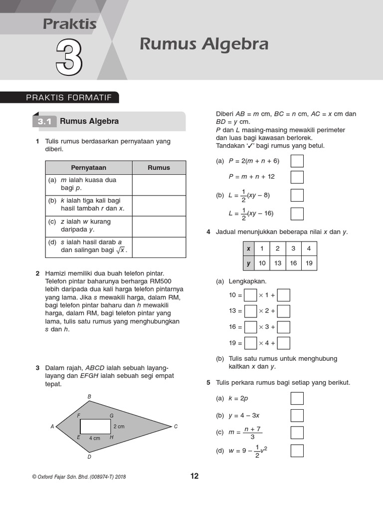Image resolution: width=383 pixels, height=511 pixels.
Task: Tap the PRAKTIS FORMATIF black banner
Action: [69, 98]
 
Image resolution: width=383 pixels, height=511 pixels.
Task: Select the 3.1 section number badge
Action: [44, 121]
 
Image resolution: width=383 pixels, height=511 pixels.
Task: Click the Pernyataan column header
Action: [89, 168]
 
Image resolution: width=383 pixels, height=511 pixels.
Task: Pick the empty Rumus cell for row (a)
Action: [159, 184]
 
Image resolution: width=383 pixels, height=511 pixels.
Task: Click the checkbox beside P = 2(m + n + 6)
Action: [297, 161]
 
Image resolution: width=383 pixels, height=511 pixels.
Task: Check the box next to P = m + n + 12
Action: [297, 177]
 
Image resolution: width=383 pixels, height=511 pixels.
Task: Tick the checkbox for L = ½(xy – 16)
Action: [297, 214]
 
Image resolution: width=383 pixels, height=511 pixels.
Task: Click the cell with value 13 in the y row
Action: [278, 263]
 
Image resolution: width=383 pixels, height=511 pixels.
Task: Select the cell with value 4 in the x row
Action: [309, 249]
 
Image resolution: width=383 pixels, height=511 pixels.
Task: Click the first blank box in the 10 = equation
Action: [250, 295]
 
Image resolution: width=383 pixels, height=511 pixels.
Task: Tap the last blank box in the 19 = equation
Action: [283, 343]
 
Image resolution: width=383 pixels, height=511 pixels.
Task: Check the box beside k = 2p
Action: [297, 399]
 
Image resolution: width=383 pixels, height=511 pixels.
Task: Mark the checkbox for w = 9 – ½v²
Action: [297, 451]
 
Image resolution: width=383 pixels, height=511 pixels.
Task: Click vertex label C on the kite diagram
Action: [176, 426]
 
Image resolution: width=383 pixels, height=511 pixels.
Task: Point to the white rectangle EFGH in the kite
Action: [95, 426]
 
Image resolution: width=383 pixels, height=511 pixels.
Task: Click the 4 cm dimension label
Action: [95, 438]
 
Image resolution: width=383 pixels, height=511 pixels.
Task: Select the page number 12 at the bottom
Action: [194, 476]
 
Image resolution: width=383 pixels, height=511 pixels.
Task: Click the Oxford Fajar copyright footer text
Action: [79, 477]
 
